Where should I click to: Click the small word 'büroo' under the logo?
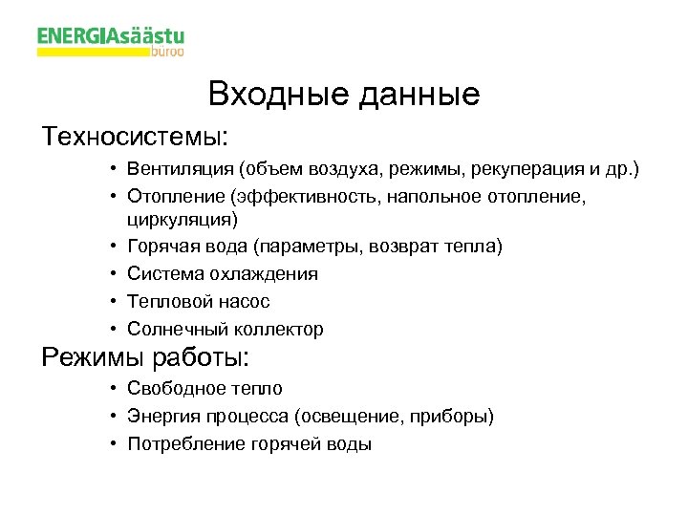click(168, 55)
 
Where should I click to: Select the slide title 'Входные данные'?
click(344, 95)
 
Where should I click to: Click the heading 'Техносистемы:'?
click(135, 137)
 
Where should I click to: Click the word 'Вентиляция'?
click(182, 170)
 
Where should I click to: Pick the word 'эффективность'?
click(284, 196)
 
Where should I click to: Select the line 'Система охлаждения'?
click(223, 274)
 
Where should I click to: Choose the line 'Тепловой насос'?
click(199, 302)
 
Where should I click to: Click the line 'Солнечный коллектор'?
click(226, 330)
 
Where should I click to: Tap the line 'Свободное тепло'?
click(204, 389)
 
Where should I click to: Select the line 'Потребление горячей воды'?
click(249, 444)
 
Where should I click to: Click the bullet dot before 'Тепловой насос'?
click(113, 302)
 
